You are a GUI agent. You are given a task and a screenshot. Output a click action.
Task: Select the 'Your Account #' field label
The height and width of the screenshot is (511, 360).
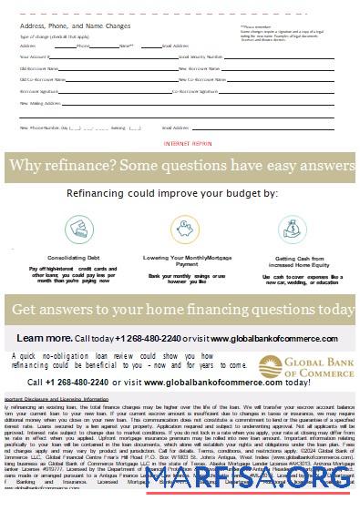pos(33,56)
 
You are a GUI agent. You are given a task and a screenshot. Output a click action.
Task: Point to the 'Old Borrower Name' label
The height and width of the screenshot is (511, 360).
pos(37,67)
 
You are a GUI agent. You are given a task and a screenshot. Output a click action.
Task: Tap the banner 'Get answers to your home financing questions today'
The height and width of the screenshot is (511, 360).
pos(182,311)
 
